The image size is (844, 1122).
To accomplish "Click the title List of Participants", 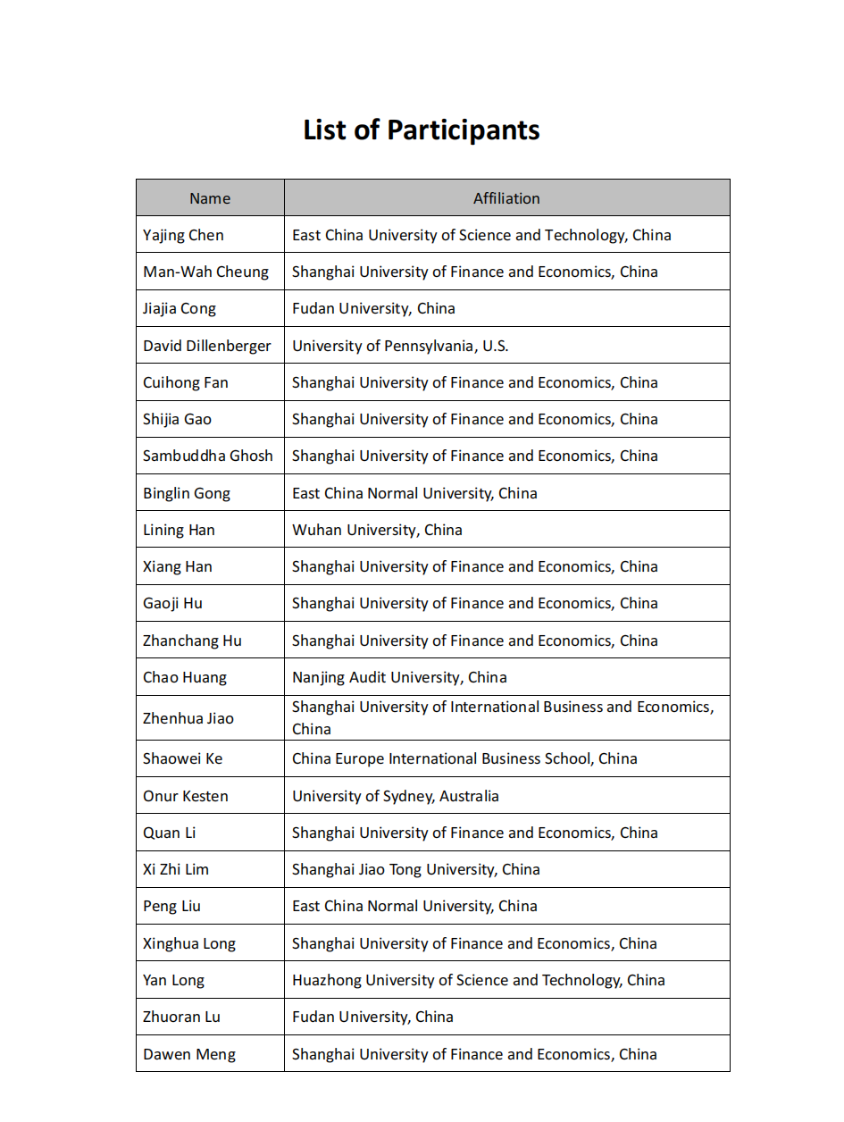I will [x=422, y=130].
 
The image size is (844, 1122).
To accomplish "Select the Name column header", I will [x=210, y=198].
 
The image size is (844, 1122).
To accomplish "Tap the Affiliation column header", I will [x=506, y=198].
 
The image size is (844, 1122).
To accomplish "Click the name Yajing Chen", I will [x=183, y=235].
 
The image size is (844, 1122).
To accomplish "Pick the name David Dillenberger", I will [x=207, y=346].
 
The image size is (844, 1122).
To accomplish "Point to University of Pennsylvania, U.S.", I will [x=400, y=346].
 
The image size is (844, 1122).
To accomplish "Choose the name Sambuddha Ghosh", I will [x=208, y=456].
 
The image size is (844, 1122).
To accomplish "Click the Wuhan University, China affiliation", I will [x=377, y=530].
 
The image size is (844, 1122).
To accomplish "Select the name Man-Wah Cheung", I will [x=205, y=272].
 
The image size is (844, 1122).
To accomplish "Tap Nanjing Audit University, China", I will [x=399, y=677].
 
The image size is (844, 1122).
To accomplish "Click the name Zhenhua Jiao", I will [x=188, y=718].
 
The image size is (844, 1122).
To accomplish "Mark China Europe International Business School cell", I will [x=464, y=758].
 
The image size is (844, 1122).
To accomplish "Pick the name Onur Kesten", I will [x=186, y=796].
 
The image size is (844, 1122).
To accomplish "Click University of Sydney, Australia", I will [x=396, y=796].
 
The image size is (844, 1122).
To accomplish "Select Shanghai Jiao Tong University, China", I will [x=416, y=869].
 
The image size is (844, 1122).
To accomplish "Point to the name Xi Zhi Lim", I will [x=176, y=869].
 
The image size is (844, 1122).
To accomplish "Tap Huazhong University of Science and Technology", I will [x=479, y=980].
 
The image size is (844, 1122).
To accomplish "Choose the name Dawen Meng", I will [x=189, y=1054].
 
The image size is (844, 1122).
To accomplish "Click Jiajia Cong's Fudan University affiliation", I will [x=373, y=308].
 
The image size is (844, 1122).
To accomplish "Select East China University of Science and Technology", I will [x=481, y=235].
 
